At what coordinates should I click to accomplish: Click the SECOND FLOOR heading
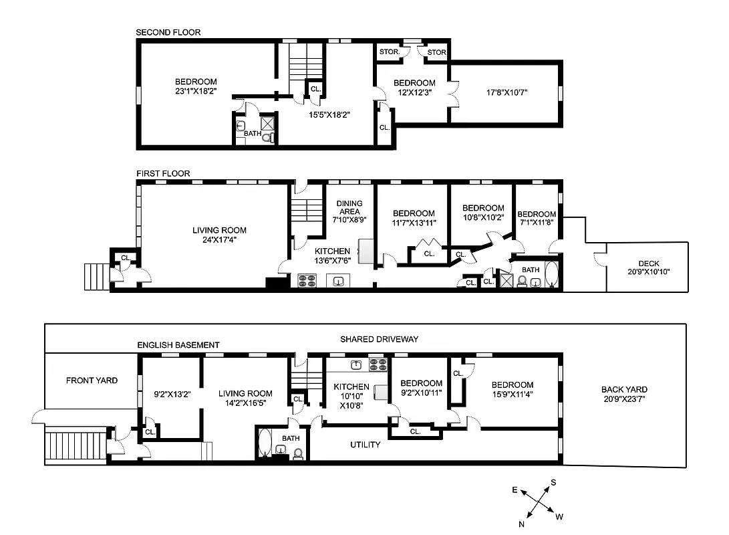coord(168,32)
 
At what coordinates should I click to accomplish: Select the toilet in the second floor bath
coord(267,137)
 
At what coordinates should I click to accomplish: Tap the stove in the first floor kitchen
coord(307,281)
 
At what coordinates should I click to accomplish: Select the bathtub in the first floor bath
coord(551,276)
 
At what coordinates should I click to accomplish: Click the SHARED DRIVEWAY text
coord(379,339)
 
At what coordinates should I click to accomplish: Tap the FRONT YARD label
coord(92,381)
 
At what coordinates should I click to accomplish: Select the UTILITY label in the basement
coord(366,445)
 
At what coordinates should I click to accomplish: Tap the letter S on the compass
coord(553,482)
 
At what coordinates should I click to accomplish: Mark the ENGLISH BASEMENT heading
coord(178,345)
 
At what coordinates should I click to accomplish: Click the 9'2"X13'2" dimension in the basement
coord(172,394)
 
